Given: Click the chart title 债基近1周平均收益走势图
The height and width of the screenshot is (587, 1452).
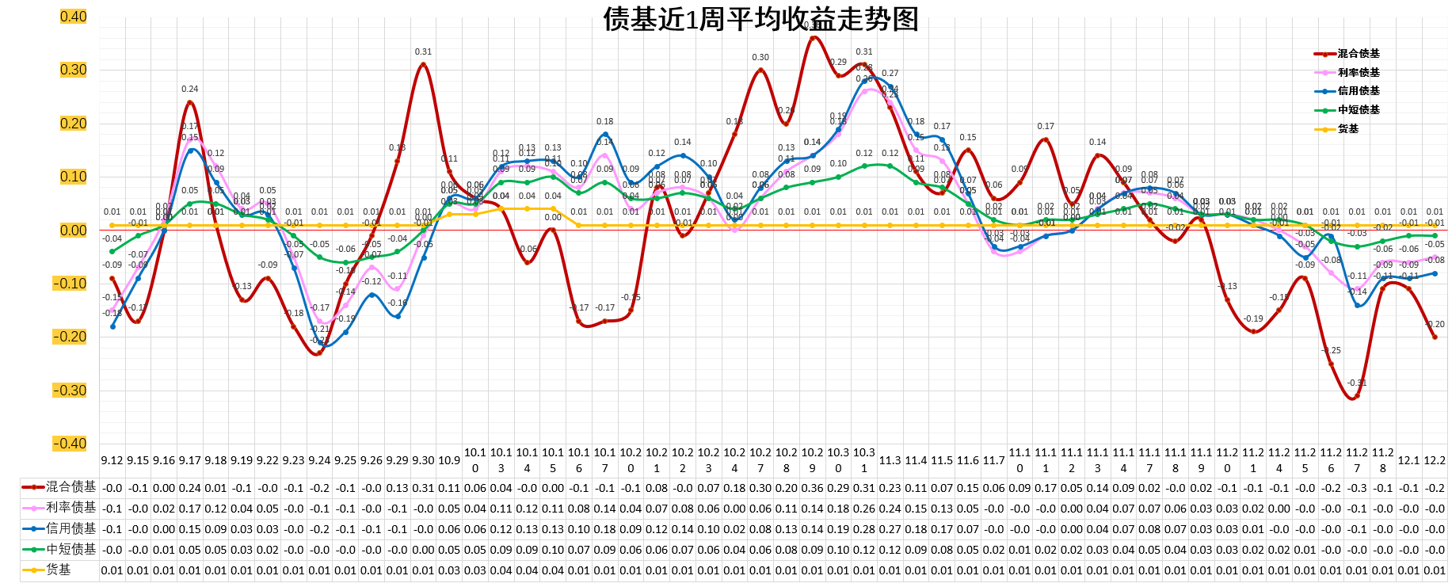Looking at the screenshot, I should point(760,19).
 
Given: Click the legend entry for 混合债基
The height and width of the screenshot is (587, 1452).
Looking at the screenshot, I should point(1358,54).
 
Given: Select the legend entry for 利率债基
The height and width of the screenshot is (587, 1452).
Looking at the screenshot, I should point(1358,72).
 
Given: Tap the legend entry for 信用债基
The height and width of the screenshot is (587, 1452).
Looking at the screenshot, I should point(1358,91).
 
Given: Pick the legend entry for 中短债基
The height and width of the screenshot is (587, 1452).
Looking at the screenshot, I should point(1358,110).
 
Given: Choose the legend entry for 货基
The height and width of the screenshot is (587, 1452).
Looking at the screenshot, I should point(1347,128).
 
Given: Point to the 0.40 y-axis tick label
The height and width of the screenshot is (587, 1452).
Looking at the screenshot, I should point(73,17).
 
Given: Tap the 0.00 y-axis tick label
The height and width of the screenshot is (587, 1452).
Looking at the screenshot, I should point(73,231).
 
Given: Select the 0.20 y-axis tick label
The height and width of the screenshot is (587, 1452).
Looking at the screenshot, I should point(73,124).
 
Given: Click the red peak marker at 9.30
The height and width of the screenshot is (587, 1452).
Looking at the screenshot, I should point(423,64).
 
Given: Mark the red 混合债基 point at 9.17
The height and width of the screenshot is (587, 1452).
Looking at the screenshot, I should point(190,102).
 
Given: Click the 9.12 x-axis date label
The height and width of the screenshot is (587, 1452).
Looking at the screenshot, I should point(112,460).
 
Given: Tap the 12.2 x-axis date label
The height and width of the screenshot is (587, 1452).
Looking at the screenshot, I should point(1435,460).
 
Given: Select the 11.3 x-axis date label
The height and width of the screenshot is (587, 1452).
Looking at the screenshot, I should point(890,460).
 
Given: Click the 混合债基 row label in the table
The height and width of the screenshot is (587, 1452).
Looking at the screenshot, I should point(71,487).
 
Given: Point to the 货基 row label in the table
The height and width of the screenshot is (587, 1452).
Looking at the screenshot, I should point(59,570).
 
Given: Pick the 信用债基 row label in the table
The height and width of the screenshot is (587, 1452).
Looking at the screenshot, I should point(71,528).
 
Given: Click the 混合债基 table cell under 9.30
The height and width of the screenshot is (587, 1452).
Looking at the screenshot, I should point(423,488).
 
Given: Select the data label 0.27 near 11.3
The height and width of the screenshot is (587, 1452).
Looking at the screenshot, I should point(890,74).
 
